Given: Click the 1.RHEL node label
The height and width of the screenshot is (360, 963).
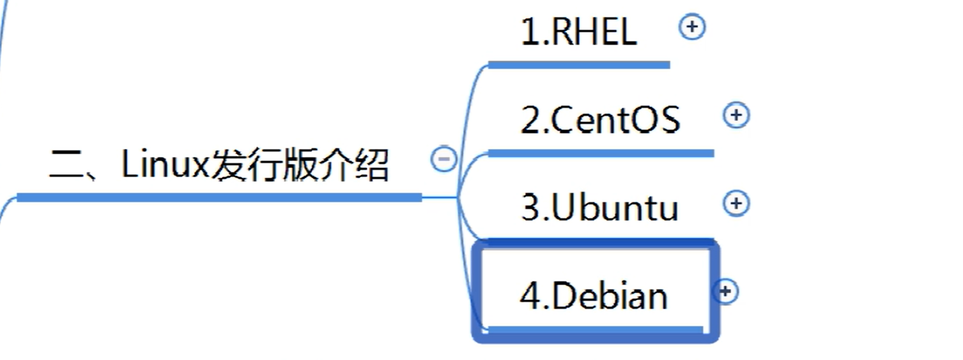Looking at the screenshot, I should tap(579, 31).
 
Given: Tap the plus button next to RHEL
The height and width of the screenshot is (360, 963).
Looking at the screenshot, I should tap(692, 27).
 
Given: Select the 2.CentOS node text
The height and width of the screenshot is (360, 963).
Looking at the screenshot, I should tap(600, 119).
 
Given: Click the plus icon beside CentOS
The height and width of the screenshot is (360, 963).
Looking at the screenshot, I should tap(736, 115).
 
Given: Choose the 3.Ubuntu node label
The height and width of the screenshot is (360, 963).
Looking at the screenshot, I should tap(600, 207).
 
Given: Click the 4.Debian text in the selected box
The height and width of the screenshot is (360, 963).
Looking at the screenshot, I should tap(594, 296).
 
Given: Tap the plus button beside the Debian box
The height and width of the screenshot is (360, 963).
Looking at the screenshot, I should tap(726, 292).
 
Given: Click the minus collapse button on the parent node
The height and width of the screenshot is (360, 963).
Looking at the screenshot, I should tap(444, 159).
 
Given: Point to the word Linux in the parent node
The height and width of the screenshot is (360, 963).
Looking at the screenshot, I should tap(165, 164).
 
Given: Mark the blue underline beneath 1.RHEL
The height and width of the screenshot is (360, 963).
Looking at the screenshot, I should tap(579, 65).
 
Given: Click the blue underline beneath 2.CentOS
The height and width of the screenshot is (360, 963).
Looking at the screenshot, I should tap(601, 153).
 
